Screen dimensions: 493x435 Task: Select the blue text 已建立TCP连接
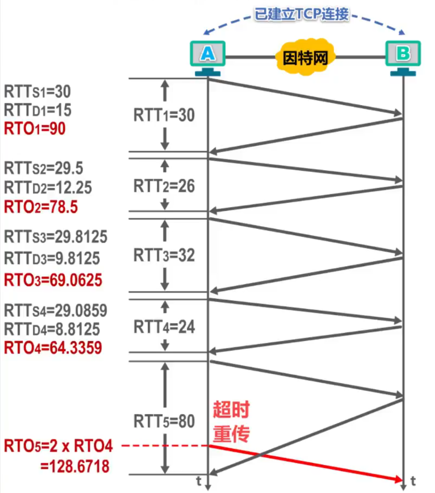point(302,14)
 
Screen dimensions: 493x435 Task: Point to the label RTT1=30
point(164,115)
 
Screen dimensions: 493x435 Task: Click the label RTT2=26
point(164,186)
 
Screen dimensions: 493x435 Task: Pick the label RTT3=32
point(164,255)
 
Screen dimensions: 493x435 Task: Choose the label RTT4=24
point(164,327)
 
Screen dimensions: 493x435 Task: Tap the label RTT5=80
point(164,421)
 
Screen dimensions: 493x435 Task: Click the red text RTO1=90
point(35,129)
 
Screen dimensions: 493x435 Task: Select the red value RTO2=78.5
point(41,207)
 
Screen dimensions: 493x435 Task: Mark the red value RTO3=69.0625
point(53,280)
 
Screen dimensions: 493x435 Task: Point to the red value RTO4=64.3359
point(53,348)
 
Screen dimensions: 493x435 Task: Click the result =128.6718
point(75,466)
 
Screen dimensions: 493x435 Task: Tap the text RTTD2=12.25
point(48,188)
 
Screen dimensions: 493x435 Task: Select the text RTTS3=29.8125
point(56,237)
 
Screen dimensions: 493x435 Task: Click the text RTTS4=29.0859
point(56,310)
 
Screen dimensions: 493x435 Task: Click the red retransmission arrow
point(307,463)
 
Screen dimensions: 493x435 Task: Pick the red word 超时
point(231,410)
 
